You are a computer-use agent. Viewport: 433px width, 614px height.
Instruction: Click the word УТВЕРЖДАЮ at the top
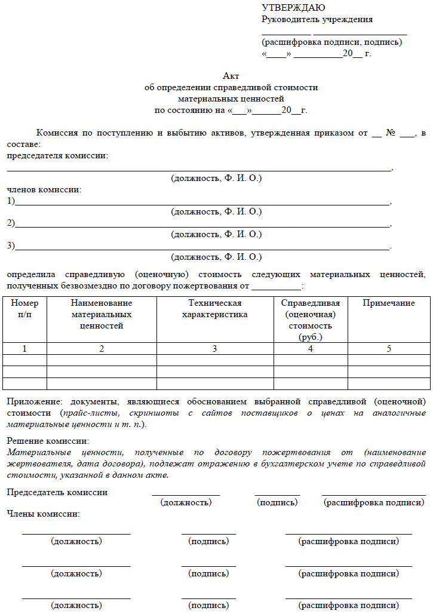click(293, 8)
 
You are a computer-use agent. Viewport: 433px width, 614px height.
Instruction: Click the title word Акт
click(231, 76)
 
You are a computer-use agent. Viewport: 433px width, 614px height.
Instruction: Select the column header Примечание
click(388, 303)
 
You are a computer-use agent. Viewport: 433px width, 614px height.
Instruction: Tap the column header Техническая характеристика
click(214, 309)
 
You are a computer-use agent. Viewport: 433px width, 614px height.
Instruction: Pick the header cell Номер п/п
click(24, 309)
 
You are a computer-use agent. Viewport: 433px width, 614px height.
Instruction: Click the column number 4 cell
click(311, 349)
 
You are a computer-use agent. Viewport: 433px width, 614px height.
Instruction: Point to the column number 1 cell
click(24, 349)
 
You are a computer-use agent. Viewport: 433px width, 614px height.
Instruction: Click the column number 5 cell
click(388, 349)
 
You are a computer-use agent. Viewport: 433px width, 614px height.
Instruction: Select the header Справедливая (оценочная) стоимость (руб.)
click(311, 320)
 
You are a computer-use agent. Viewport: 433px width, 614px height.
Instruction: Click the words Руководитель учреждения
click(317, 19)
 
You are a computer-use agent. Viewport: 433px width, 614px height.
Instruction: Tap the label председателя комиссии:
click(57, 156)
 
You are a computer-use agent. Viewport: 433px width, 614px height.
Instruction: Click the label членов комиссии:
click(44, 189)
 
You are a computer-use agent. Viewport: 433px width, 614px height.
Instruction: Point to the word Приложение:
click(35, 401)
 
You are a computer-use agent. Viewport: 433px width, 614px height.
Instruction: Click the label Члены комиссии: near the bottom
click(43, 514)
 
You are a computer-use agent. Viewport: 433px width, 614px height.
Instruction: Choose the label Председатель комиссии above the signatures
click(57, 492)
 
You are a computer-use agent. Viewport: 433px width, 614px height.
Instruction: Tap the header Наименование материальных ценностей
click(102, 315)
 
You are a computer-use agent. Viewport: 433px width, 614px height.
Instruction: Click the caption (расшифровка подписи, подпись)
click(331, 42)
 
